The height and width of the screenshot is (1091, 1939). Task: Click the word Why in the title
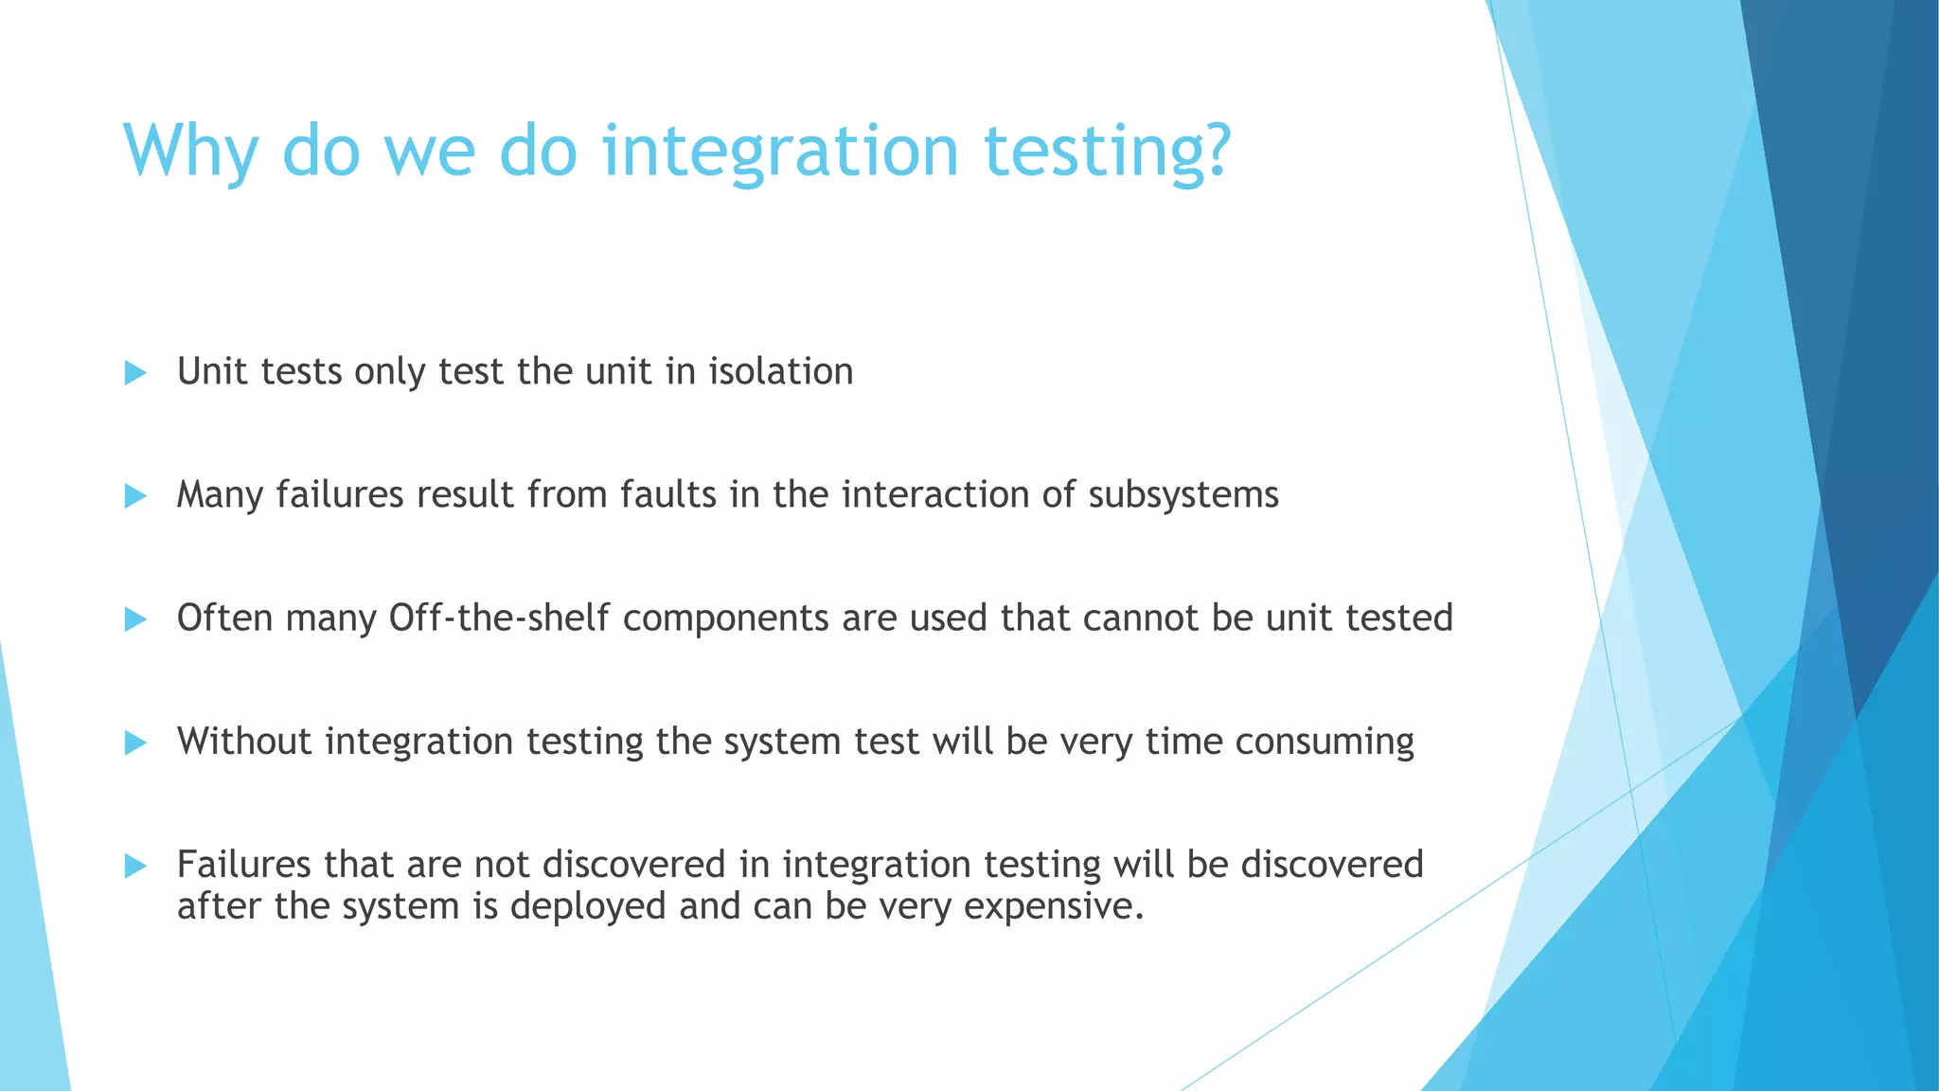pos(190,152)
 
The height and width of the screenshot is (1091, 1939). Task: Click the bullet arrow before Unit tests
pos(135,373)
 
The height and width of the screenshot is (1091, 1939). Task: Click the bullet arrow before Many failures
pos(135,496)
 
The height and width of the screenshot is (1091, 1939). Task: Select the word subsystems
pos(1183,495)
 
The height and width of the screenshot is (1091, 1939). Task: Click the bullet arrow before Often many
pos(135,620)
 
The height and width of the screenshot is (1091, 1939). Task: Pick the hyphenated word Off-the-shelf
pos(499,617)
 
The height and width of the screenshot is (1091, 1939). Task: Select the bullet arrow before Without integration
pos(135,743)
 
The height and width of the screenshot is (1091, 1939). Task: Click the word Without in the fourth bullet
pos(243,741)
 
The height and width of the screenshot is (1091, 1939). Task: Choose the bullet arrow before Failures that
pos(135,866)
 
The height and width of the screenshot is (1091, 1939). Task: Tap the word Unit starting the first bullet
pos(212,371)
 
